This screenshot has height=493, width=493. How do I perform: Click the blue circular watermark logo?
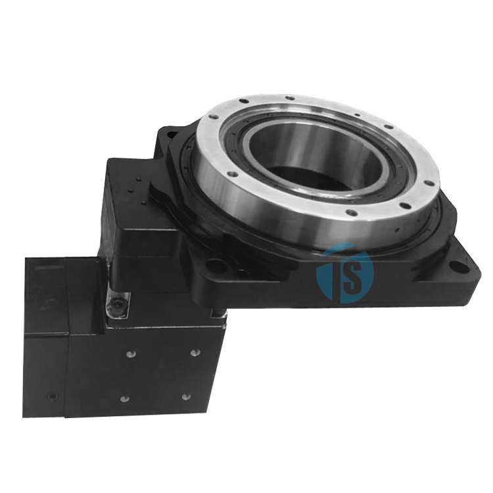(x=345, y=274)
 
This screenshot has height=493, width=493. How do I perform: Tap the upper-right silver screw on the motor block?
(x=196, y=352)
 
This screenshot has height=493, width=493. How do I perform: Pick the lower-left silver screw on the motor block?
(x=124, y=399)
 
